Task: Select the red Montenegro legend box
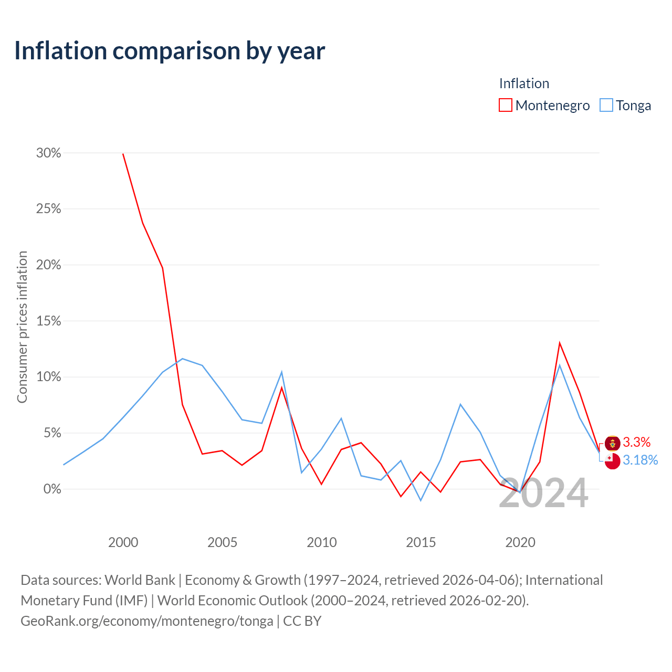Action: (x=505, y=105)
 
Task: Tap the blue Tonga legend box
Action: (x=606, y=105)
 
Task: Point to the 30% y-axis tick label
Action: (x=48, y=153)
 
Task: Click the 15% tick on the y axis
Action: (x=48, y=321)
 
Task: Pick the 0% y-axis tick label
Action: (x=52, y=489)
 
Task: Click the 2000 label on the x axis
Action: (x=123, y=542)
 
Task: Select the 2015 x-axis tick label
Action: (x=421, y=542)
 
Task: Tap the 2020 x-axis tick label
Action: (x=520, y=542)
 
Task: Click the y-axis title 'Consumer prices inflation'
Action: (x=22, y=327)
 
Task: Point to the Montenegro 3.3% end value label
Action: (x=636, y=442)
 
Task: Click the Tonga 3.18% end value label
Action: (x=640, y=460)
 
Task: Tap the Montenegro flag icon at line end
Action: (x=612, y=444)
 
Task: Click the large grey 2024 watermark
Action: (x=544, y=493)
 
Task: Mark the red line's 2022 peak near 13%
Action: (x=560, y=343)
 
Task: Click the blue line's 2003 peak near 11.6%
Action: (x=183, y=359)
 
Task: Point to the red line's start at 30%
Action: (x=123, y=154)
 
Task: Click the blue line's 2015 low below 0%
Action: (x=421, y=500)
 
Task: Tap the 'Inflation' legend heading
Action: (x=524, y=83)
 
